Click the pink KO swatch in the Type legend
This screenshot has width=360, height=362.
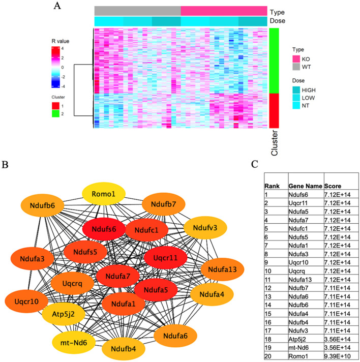(x=296, y=59)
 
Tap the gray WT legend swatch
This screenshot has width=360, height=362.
(x=296, y=66)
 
